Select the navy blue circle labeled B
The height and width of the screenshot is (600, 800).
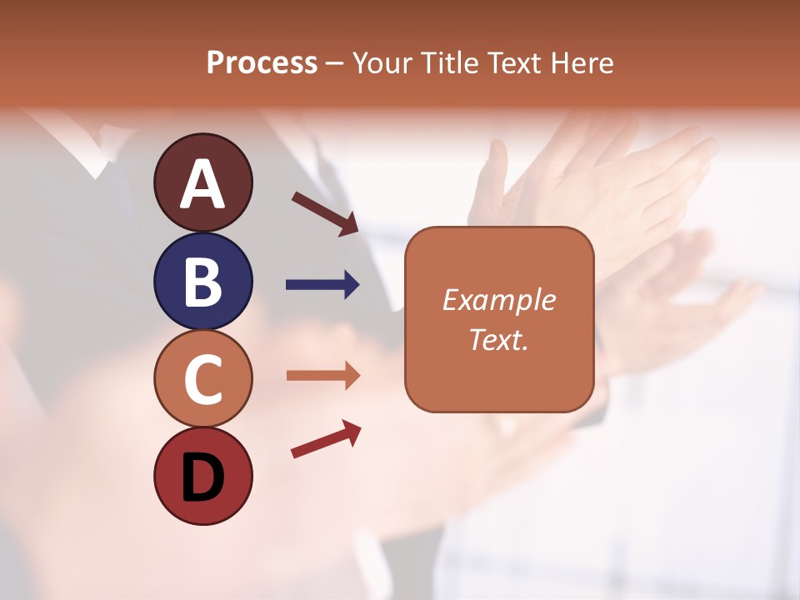(202, 281)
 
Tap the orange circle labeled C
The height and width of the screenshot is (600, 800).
(202, 379)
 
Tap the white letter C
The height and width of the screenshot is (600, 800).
(202, 379)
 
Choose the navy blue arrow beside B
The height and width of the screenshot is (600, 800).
(322, 285)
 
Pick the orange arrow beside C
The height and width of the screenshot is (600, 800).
(322, 376)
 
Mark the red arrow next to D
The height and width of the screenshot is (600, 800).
(326, 439)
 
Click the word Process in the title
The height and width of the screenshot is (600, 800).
(262, 62)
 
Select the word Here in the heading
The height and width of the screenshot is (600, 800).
(582, 62)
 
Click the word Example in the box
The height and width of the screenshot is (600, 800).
(498, 300)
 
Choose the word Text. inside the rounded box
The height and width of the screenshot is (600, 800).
(498, 340)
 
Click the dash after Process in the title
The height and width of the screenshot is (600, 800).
(334, 63)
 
